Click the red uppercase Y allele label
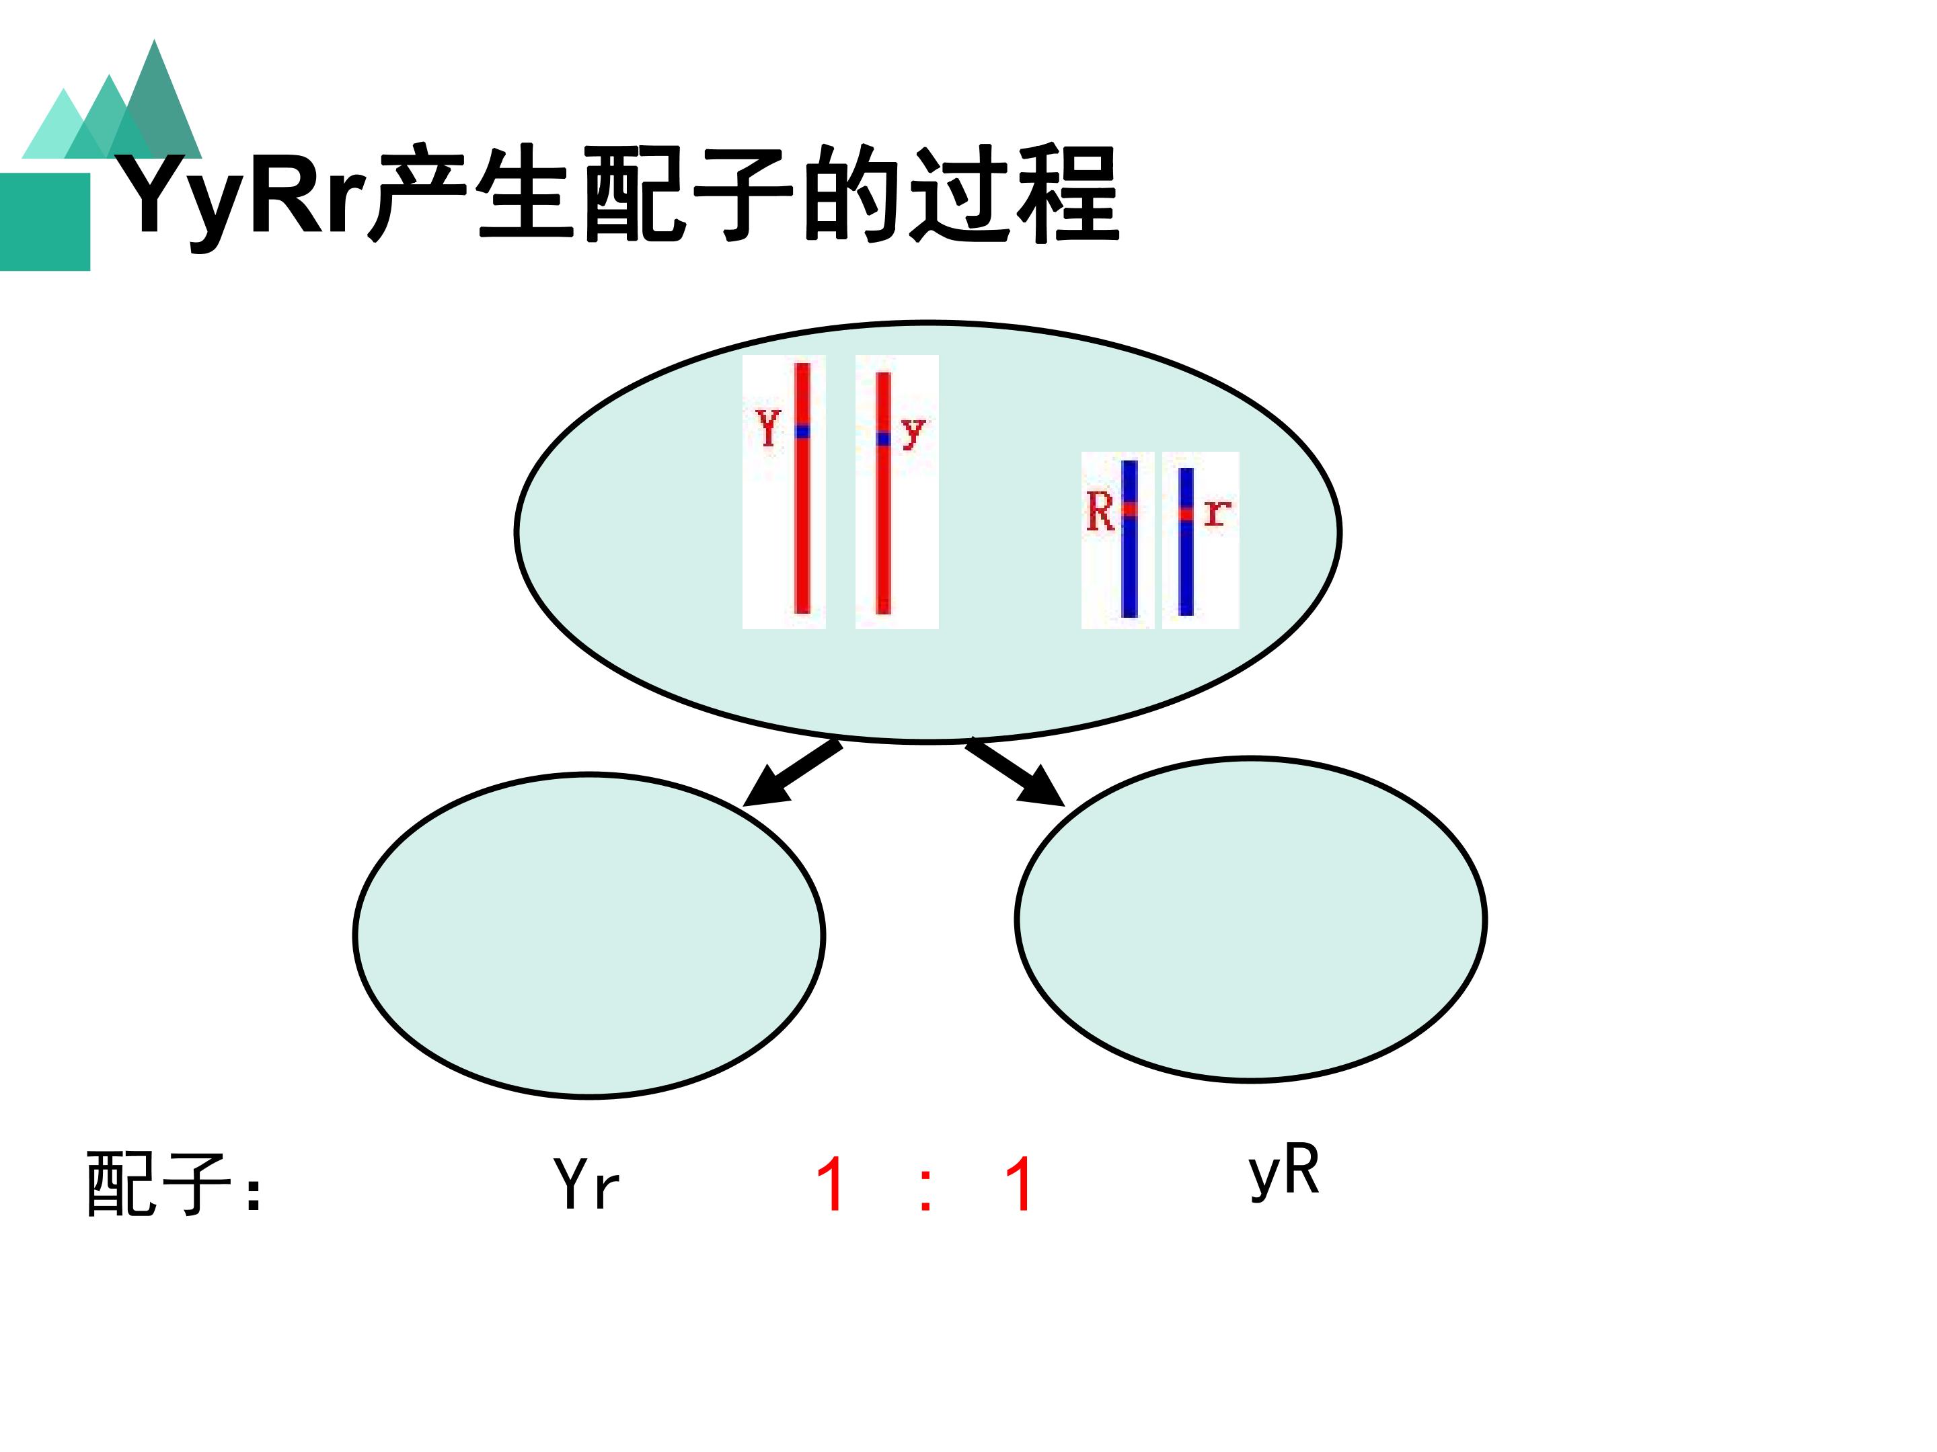768,429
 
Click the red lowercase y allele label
913,432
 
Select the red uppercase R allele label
1100,511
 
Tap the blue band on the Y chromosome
802,432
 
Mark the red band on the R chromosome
1130,508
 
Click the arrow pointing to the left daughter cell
792,773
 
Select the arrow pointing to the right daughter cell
1016,773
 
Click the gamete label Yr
586,1184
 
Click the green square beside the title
44,221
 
